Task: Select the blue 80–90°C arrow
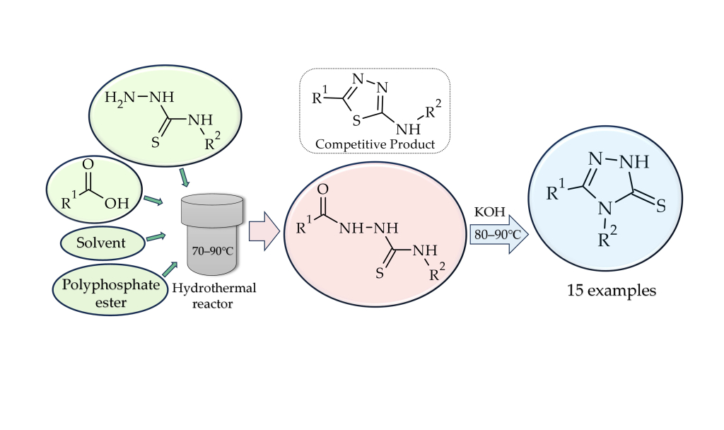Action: point(500,233)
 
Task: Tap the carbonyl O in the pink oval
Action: point(323,189)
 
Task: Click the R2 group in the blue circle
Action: point(605,239)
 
